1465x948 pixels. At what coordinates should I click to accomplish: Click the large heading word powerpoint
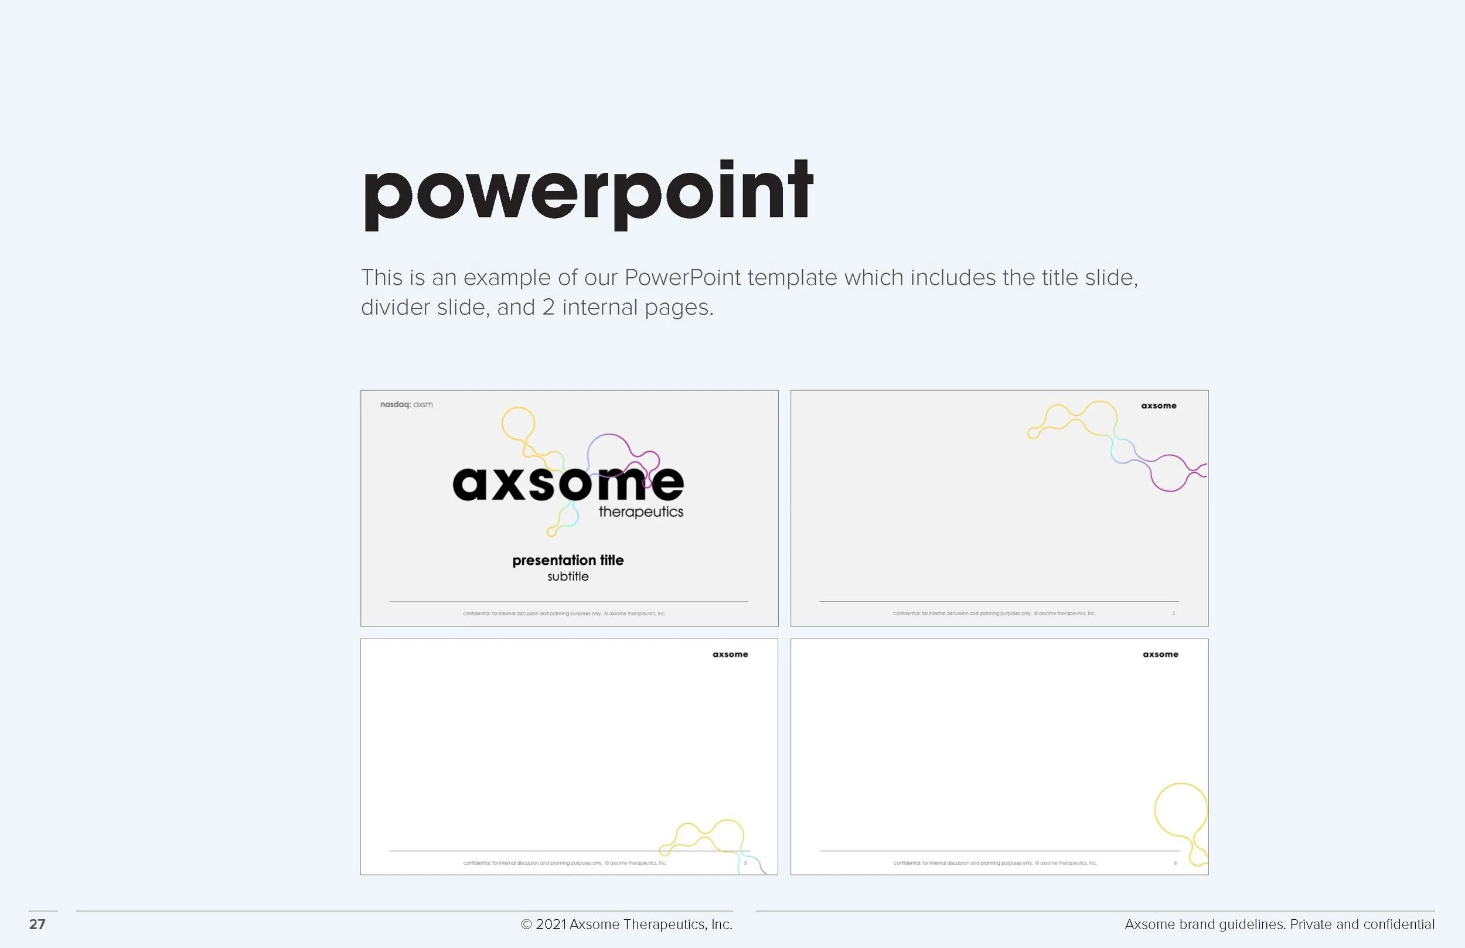[x=588, y=194]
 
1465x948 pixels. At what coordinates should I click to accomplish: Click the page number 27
[x=37, y=924]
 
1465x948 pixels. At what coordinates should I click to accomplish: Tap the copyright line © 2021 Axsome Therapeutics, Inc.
[x=626, y=924]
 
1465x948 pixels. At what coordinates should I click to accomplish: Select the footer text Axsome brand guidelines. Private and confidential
[x=1279, y=924]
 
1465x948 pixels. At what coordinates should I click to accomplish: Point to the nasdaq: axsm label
[x=406, y=404]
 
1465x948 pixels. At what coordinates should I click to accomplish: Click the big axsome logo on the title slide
[x=567, y=483]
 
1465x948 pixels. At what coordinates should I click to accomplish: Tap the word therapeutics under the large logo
[x=640, y=511]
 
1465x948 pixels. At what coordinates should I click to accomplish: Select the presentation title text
[x=567, y=560]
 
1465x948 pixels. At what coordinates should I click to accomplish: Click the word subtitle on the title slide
[x=567, y=577]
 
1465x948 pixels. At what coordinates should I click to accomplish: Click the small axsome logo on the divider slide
[x=1159, y=405]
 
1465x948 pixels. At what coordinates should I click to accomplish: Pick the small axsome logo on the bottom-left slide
[x=730, y=654]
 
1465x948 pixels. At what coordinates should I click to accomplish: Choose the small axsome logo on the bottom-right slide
[x=1160, y=654]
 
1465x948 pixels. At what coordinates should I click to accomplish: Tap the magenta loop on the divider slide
[x=1169, y=473]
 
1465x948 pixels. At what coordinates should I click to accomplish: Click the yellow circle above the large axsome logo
[x=517, y=424]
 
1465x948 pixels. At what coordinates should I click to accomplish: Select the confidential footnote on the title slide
[x=564, y=613]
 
